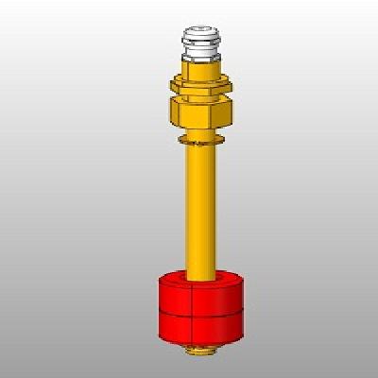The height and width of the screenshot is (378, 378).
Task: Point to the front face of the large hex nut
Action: [200, 116]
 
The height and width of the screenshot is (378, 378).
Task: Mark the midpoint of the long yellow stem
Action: [201, 208]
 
